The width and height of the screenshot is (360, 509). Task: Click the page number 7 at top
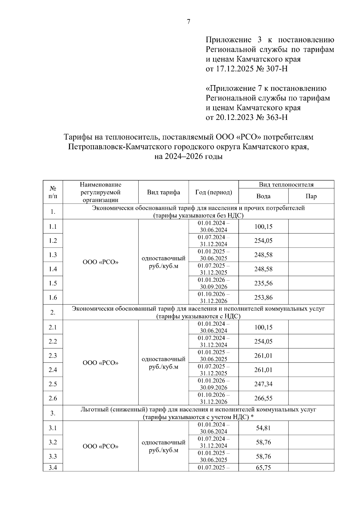click(x=188, y=22)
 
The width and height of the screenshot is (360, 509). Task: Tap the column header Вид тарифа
click(x=163, y=192)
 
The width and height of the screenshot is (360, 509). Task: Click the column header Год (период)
click(x=214, y=192)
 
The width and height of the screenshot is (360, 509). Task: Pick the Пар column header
click(x=311, y=196)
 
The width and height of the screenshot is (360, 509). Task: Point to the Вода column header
click(x=263, y=196)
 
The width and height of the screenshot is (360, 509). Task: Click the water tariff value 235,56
click(x=263, y=283)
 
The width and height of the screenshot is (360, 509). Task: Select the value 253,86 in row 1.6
click(x=263, y=298)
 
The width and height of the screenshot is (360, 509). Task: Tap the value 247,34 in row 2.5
click(x=263, y=384)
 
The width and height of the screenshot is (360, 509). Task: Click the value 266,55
click(x=263, y=398)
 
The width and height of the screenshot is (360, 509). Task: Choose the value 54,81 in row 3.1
click(x=263, y=428)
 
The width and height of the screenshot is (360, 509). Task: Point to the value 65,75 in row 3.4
click(x=263, y=468)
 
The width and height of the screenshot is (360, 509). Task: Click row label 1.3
click(x=53, y=255)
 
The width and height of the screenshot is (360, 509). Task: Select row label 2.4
click(x=53, y=370)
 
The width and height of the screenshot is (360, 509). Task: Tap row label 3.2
click(x=53, y=442)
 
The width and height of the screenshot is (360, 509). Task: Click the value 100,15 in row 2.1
click(x=263, y=327)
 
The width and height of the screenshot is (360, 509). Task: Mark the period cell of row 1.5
click(x=214, y=283)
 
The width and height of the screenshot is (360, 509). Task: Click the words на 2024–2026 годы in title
click(x=188, y=156)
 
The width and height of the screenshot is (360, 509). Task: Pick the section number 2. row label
click(x=53, y=313)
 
